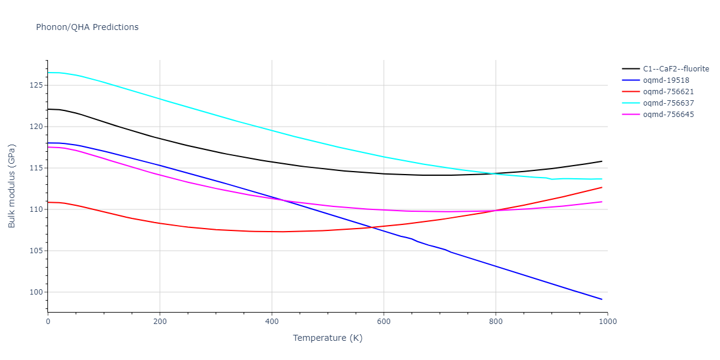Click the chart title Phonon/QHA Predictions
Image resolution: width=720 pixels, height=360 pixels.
click(x=87, y=27)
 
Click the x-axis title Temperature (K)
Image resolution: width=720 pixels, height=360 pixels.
click(x=328, y=338)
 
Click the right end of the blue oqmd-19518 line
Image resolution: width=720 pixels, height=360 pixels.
click(x=602, y=299)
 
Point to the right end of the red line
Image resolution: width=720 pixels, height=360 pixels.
click(x=602, y=187)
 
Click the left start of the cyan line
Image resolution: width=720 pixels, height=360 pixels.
click(x=48, y=73)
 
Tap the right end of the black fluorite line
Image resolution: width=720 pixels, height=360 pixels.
click(x=602, y=161)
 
